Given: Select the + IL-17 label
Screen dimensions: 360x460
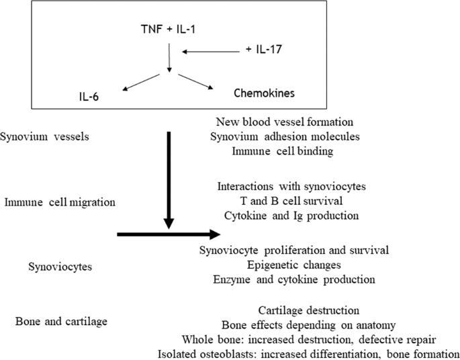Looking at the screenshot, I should coord(263,49).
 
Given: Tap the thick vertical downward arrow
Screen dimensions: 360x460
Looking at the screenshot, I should coord(168,178).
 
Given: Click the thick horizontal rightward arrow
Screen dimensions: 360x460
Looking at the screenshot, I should coord(168,234).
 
